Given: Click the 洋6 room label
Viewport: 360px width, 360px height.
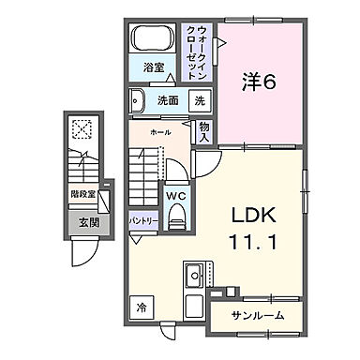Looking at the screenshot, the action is (x=260, y=82).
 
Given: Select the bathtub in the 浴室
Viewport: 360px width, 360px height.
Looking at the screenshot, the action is (x=152, y=40).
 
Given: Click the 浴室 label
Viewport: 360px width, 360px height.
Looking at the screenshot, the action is (x=154, y=69).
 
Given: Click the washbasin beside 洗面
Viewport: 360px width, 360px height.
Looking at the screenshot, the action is (x=137, y=99).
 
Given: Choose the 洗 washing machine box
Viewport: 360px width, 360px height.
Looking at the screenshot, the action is (x=200, y=100).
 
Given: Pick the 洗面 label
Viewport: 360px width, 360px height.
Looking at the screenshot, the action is (x=168, y=100).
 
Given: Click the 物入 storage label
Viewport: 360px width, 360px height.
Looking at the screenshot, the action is (x=203, y=130).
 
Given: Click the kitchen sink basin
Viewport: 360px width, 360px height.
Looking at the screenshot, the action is (x=195, y=276).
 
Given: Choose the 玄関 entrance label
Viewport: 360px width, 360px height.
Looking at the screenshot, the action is (x=88, y=222).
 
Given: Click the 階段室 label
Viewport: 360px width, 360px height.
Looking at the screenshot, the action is (x=82, y=195).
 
